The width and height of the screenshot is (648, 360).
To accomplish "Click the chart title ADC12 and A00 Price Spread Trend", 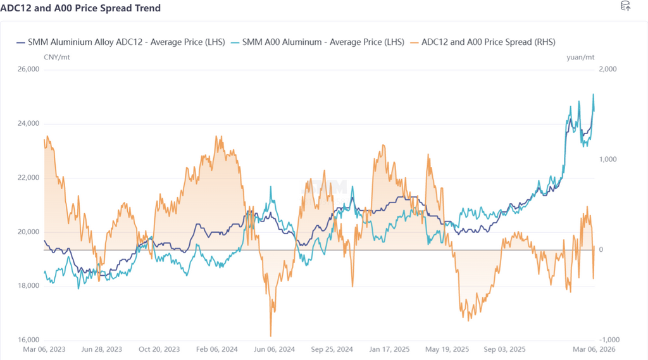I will tap(80, 8).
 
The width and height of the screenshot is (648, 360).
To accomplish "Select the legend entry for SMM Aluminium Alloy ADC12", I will tap(120, 42).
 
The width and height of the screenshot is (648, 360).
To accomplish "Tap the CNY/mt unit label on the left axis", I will tap(56, 57).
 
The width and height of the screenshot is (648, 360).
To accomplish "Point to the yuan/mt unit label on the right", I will tap(580, 57).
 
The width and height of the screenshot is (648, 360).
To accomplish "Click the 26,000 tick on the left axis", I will tap(28, 69).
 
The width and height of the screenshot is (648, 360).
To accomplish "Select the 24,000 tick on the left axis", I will tap(28, 123).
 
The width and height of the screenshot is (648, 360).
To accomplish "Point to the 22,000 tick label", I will tap(28, 178).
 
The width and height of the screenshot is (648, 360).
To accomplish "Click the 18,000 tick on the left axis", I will tap(28, 286).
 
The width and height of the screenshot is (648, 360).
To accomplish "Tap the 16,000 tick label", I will tap(28, 340).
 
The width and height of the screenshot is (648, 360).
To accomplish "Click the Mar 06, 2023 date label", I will tap(44, 349).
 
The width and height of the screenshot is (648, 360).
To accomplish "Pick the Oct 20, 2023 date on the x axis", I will tap(159, 349).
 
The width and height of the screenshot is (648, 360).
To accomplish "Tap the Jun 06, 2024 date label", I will tap(274, 349).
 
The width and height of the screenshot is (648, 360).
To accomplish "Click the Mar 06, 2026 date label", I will tap(595, 349).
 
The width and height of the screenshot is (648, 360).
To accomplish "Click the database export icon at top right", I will tap(625, 6).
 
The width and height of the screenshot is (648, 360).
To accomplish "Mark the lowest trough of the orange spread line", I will tap(271, 336).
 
